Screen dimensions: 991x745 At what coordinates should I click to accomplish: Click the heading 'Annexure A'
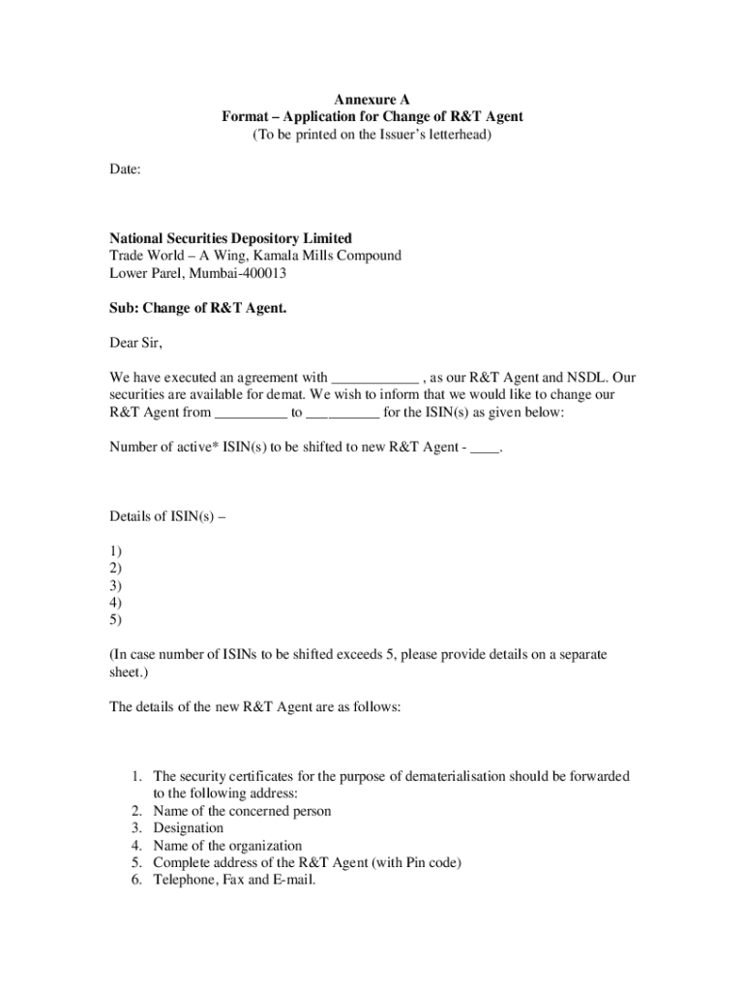tap(372, 100)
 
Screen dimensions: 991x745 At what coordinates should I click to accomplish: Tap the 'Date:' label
tap(125, 169)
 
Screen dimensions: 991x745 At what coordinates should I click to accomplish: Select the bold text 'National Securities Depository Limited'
tap(230, 239)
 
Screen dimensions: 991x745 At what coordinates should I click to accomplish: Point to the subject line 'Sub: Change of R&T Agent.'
tap(198, 309)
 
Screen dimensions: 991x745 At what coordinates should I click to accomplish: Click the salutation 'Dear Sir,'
tap(136, 344)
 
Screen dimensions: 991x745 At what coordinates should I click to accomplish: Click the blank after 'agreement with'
tap(375, 378)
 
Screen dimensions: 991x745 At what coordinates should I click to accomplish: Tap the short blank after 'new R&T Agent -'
tap(485, 448)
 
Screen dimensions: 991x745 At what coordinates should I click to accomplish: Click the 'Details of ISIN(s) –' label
tap(168, 516)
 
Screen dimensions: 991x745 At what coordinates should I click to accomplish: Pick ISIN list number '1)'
tap(115, 551)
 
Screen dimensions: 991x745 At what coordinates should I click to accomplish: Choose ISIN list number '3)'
tap(115, 586)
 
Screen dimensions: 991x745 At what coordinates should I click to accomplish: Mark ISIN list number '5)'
tap(115, 620)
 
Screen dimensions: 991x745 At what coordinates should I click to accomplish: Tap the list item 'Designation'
tap(189, 828)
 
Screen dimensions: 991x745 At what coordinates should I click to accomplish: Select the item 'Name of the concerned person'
tap(242, 811)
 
